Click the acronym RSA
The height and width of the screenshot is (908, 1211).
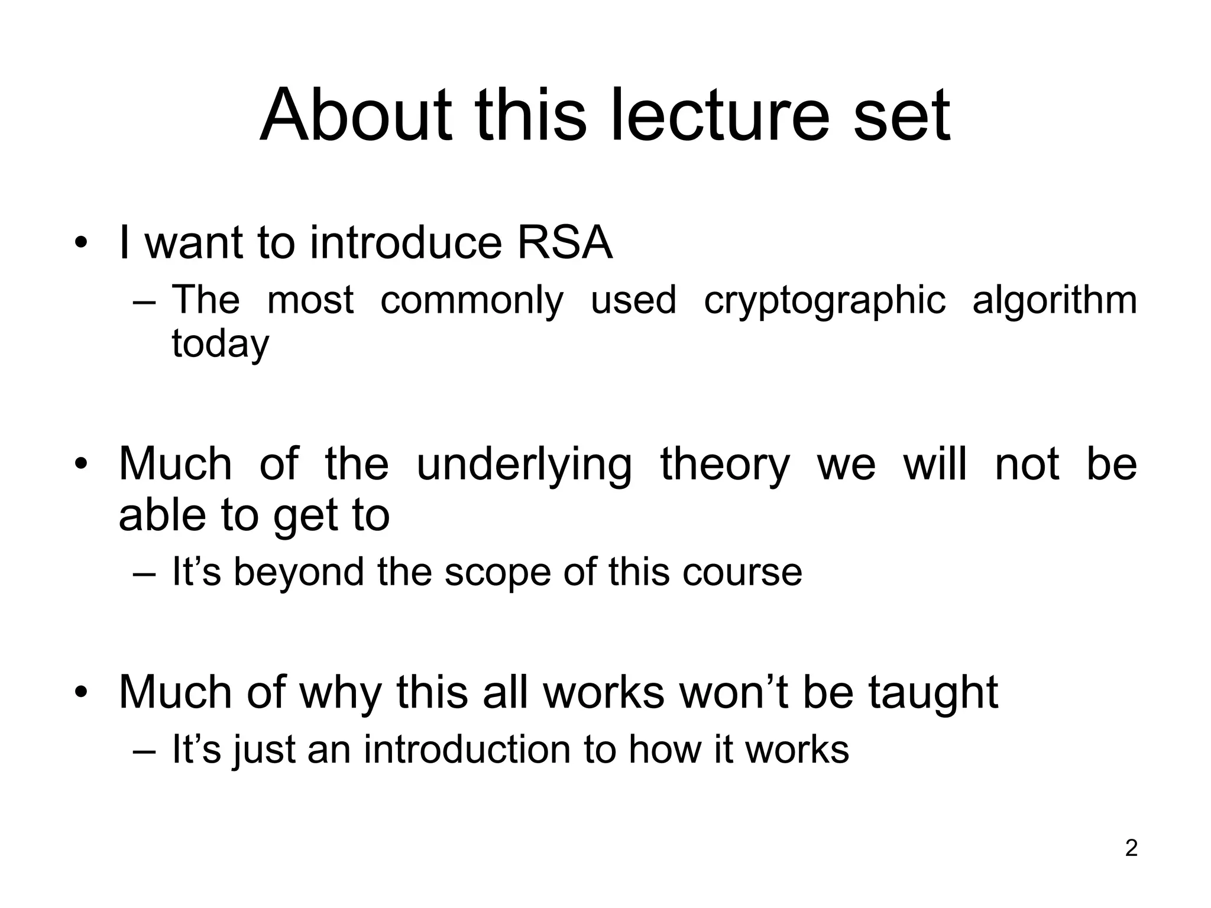pos(565,242)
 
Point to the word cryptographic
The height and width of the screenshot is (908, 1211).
pos(824,300)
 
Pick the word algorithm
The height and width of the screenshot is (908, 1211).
pos(1054,300)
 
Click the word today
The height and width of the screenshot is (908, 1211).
pos(220,343)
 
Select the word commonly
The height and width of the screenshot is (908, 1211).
pos(471,300)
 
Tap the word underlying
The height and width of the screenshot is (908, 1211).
pos(524,465)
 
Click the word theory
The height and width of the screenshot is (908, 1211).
pos(725,465)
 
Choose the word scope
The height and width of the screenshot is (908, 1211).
pos(497,572)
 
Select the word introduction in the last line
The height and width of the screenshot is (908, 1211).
pos(468,749)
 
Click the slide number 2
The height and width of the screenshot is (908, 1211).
pos(1131,848)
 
